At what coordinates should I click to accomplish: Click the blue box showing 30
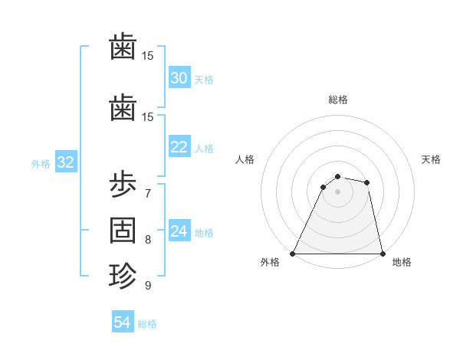tap(179, 78)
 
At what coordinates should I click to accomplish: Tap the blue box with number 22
tap(179, 147)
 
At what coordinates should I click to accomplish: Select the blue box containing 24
tap(179, 231)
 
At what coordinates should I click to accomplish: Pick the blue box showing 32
tap(65, 162)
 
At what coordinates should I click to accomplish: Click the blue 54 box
tap(122, 322)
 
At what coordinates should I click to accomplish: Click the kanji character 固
tap(123, 230)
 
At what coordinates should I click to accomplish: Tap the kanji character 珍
tap(123, 275)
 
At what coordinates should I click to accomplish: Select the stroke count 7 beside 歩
tap(147, 193)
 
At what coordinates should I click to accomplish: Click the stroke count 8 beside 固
tap(147, 239)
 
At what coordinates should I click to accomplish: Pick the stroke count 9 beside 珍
tap(147, 285)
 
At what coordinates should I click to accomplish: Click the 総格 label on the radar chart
tap(337, 100)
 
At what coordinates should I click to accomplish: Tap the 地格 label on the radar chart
tap(402, 263)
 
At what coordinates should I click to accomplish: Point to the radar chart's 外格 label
tap(270, 263)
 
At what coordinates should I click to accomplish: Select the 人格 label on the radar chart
tap(245, 159)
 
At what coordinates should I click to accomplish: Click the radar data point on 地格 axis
tap(382, 253)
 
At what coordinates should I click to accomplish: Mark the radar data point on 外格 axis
tap(293, 253)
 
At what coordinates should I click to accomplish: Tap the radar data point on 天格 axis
tap(367, 182)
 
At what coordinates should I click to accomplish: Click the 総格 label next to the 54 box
tap(147, 324)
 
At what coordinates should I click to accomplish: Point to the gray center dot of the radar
tap(337, 191)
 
